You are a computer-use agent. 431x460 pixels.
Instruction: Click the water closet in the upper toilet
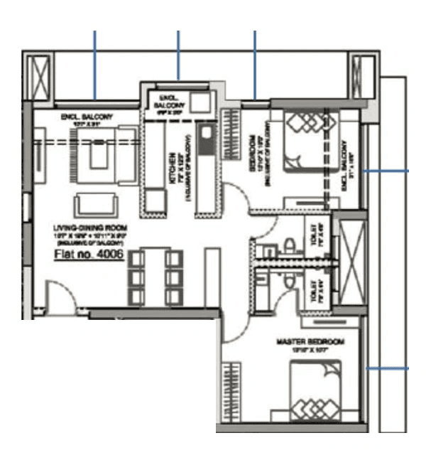(x=290, y=246)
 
